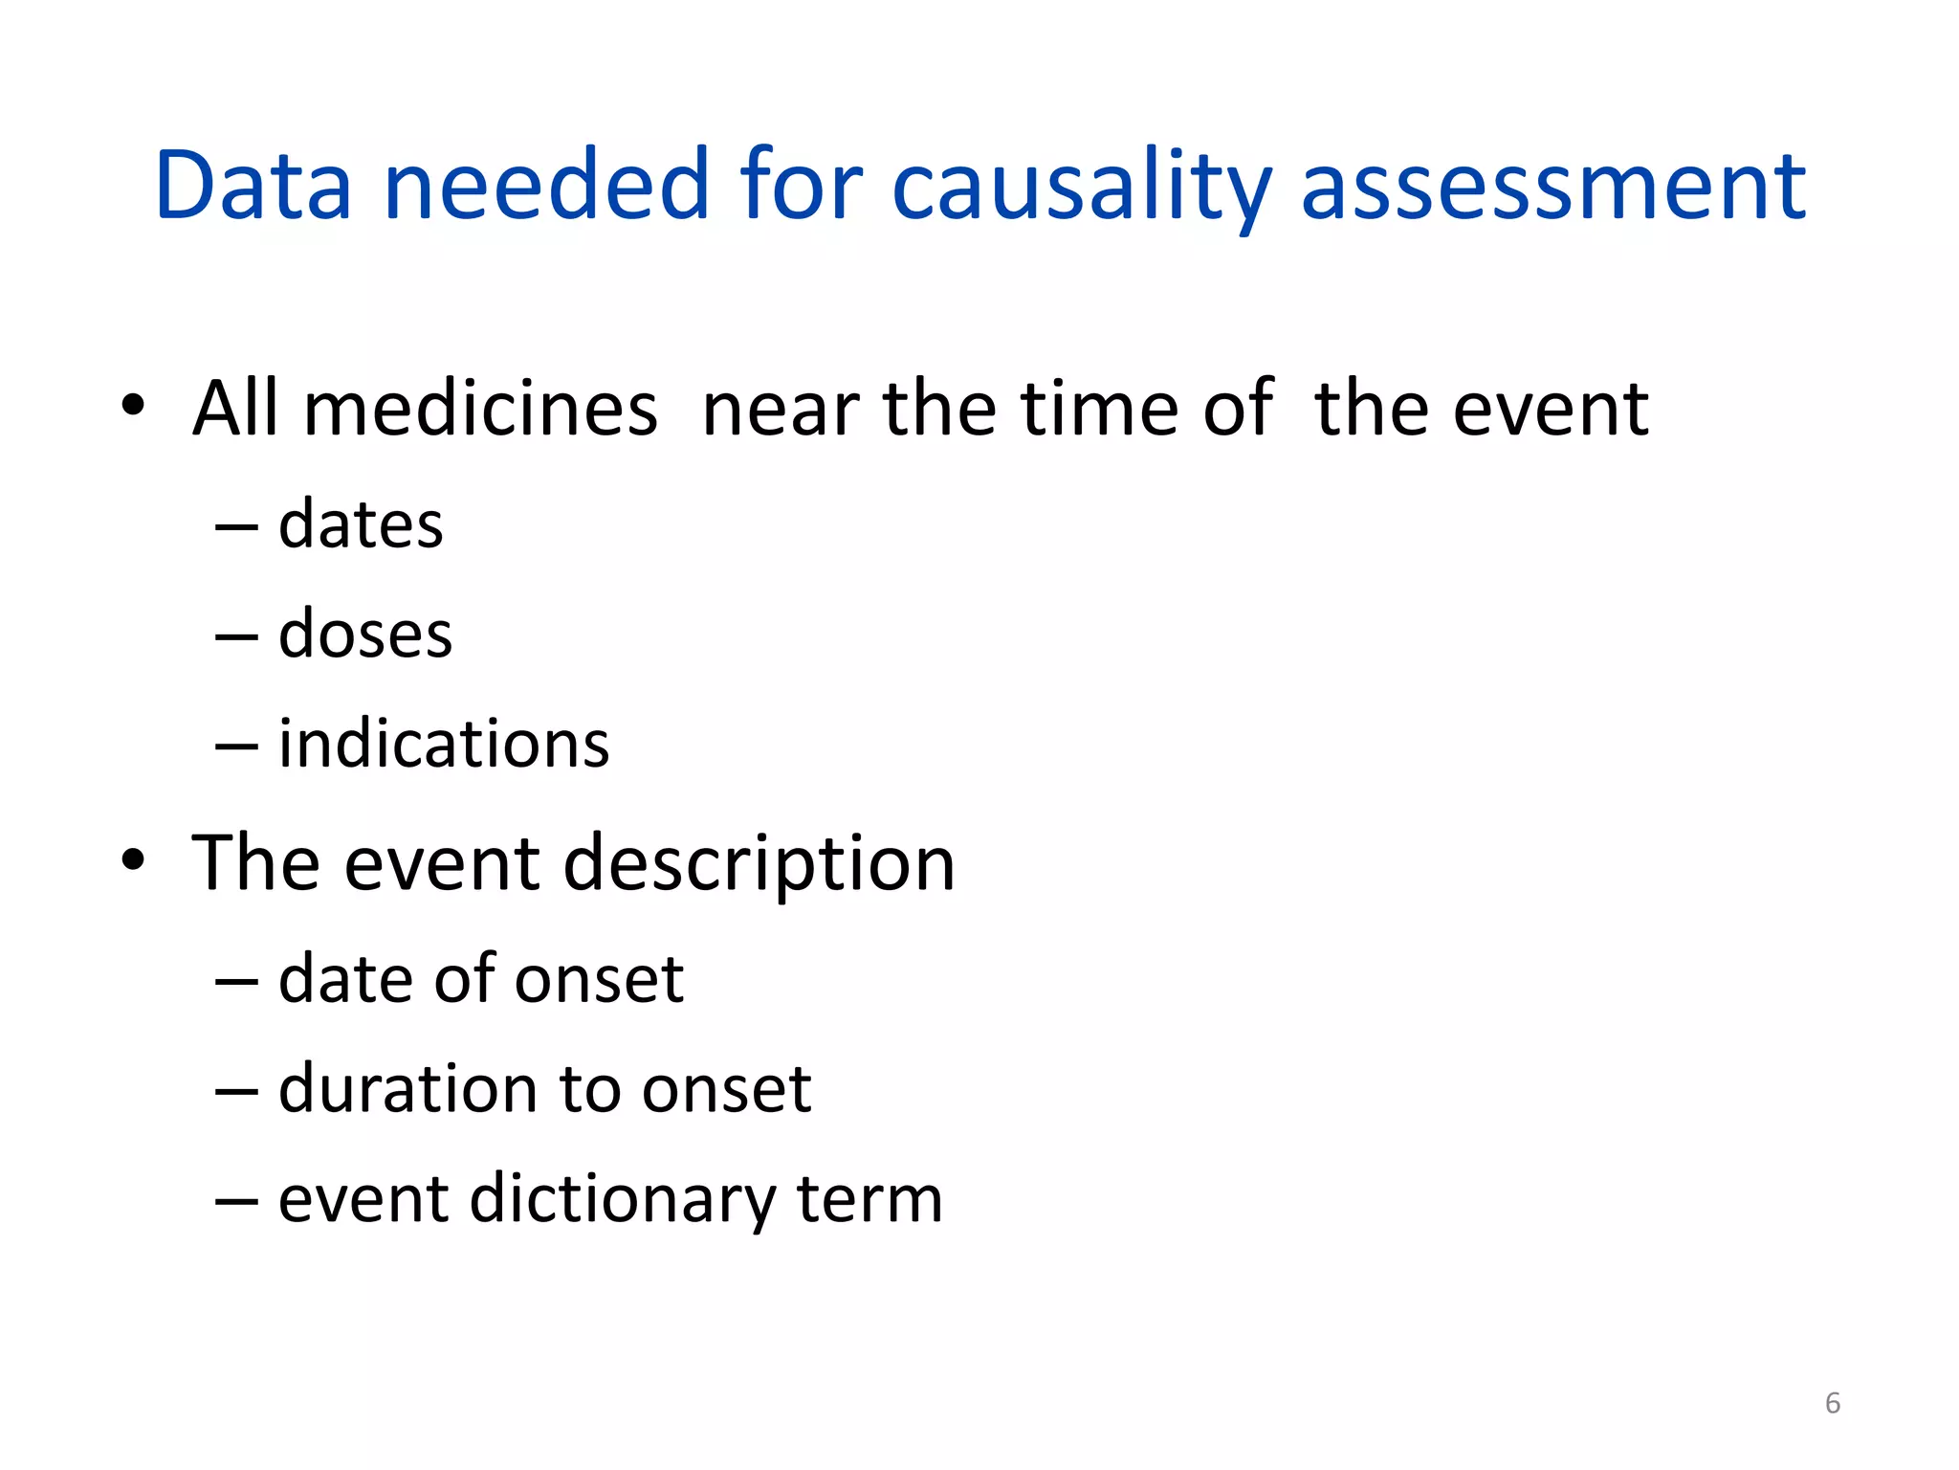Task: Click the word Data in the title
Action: click(x=253, y=186)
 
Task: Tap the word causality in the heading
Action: click(x=1082, y=186)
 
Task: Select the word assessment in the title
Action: click(x=1553, y=186)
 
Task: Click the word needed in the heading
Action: click(x=546, y=186)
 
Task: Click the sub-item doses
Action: click(x=364, y=635)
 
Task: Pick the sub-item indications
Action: click(x=444, y=744)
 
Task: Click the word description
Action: click(x=759, y=864)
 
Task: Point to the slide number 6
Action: click(x=1832, y=1403)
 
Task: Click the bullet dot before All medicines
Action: click(x=133, y=406)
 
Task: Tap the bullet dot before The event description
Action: click(x=133, y=860)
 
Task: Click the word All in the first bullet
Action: click(x=234, y=409)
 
